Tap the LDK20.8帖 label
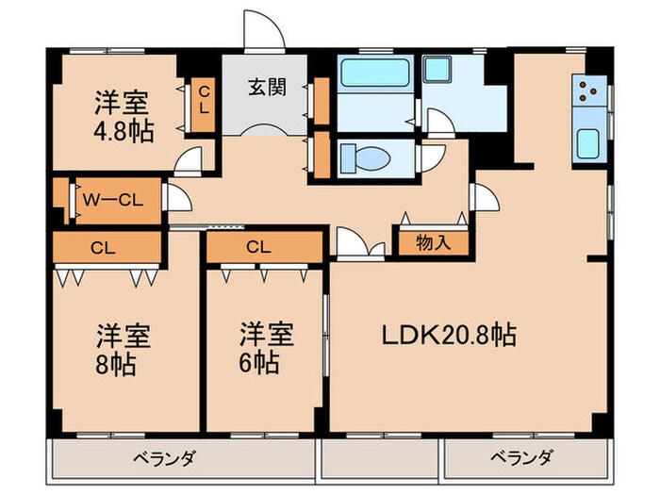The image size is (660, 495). [448, 335]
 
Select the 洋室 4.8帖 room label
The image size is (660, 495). [123, 113]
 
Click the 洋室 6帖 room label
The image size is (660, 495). [264, 348]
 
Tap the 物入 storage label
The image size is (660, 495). [433, 241]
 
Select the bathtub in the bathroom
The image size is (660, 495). [375, 74]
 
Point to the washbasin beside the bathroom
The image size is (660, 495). [437, 71]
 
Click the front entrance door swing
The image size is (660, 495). [263, 30]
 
